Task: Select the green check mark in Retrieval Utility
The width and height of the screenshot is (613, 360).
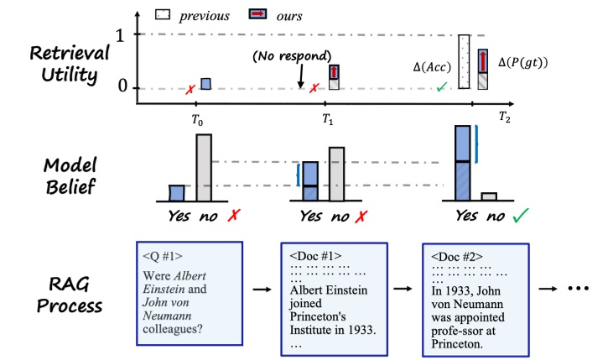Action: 440,86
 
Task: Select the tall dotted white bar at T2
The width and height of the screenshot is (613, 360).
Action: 463,62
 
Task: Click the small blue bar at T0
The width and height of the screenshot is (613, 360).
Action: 205,83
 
